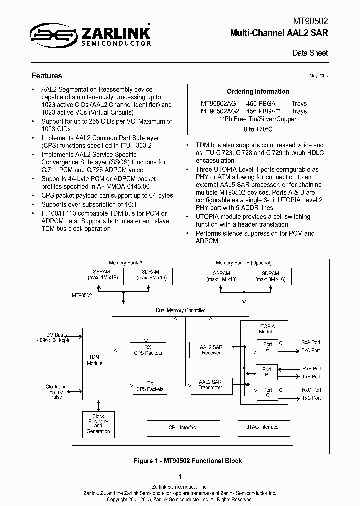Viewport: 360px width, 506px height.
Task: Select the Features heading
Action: tap(47, 76)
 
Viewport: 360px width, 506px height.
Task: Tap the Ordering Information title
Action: tap(258, 92)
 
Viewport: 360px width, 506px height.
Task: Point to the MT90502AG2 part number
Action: tap(220, 111)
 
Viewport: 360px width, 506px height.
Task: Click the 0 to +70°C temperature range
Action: tap(258, 129)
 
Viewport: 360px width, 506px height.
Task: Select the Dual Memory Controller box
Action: tap(180, 310)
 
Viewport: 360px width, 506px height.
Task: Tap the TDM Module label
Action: tap(95, 360)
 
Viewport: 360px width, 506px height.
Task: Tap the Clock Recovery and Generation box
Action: tap(98, 424)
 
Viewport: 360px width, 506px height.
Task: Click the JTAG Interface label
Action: tap(262, 427)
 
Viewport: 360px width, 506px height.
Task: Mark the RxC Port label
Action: tap(311, 390)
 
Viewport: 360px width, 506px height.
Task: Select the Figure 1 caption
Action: tap(180, 461)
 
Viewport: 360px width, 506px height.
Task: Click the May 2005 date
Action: tap(318, 76)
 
